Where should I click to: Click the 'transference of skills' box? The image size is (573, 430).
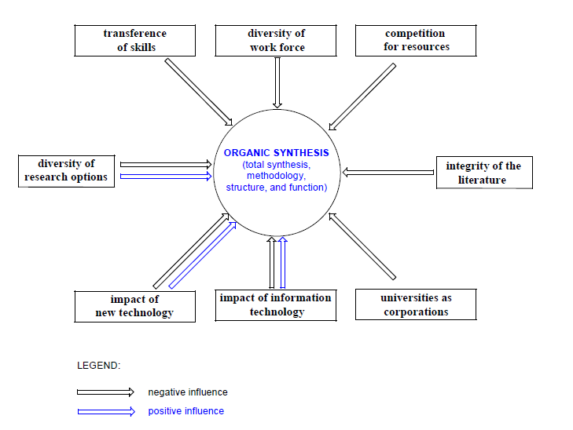pyautogui.click(x=135, y=41)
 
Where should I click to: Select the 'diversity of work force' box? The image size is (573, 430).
pyautogui.click(x=276, y=41)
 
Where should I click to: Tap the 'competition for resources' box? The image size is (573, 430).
pyautogui.click(x=416, y=41)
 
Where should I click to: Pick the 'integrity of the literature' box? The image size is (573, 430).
pyautogui.click(x=484, y=173)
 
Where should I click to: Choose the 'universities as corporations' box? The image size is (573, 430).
pyautogui.click(x=416, y=304)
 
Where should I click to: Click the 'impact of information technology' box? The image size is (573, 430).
pyautogui.click(x=276, y=305)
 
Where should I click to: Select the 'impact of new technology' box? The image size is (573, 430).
pyautogui.click(x=135, y=306)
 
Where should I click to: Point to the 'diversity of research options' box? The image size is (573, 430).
pyautogui.click(x=66, y=171)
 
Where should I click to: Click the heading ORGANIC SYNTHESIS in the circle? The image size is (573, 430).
pyautogui.click(x=276, y=152)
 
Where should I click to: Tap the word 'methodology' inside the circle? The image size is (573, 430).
pyautogui.click(x=276, y=176)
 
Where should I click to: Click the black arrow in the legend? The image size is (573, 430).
pyautogui.click(x=105, y=392)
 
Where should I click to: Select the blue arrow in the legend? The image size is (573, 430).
pyautogui.click(x=106, y=411)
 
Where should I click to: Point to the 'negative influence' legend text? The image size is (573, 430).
pyautogui.click(x=188, y=392)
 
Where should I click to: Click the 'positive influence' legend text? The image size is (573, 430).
pyautogui.click(x=186, y=411)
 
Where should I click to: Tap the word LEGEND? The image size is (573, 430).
pyautogui.click(x=99, y=366)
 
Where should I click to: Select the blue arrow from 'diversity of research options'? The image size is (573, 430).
pyautogui.click(x=166, y=177)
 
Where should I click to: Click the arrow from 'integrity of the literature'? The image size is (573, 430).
pyautogui.click(x=388, y=172)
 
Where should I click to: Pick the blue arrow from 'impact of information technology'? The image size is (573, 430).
pyautogui.click(x=282, y=263)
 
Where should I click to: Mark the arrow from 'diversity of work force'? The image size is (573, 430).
pyautogui.click(x=277, y=83)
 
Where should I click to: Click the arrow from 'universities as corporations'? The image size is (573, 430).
pyautogui.click(x=362, y=246)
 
